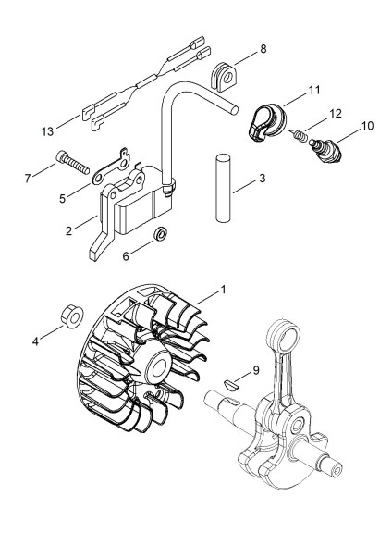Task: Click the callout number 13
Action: click(x=47, y=131)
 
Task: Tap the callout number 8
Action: click(x=263, y=49)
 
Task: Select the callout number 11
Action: click(x=314, y=90)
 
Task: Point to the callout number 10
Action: click(x=367, y=126)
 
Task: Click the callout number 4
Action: click(x=36, y=341)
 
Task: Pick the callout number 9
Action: click(x=256, y=370)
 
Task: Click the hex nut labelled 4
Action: click(x=73, y=316)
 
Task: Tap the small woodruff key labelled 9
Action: click(x=232, y=385)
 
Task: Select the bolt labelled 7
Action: click(x=72, y=163)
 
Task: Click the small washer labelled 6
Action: click(x=160, y=234)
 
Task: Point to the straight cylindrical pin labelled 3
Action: click(x=224, y=189)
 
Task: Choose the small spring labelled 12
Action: click(x=300, y=135)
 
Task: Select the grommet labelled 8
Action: click(x=224, y=77)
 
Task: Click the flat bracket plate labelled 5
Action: click(x=110, y=167)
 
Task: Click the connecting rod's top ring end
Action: click(x=283, y=337)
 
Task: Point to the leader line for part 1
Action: click(x=208, y=297)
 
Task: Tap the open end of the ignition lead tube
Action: click(x=233, y=110)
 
